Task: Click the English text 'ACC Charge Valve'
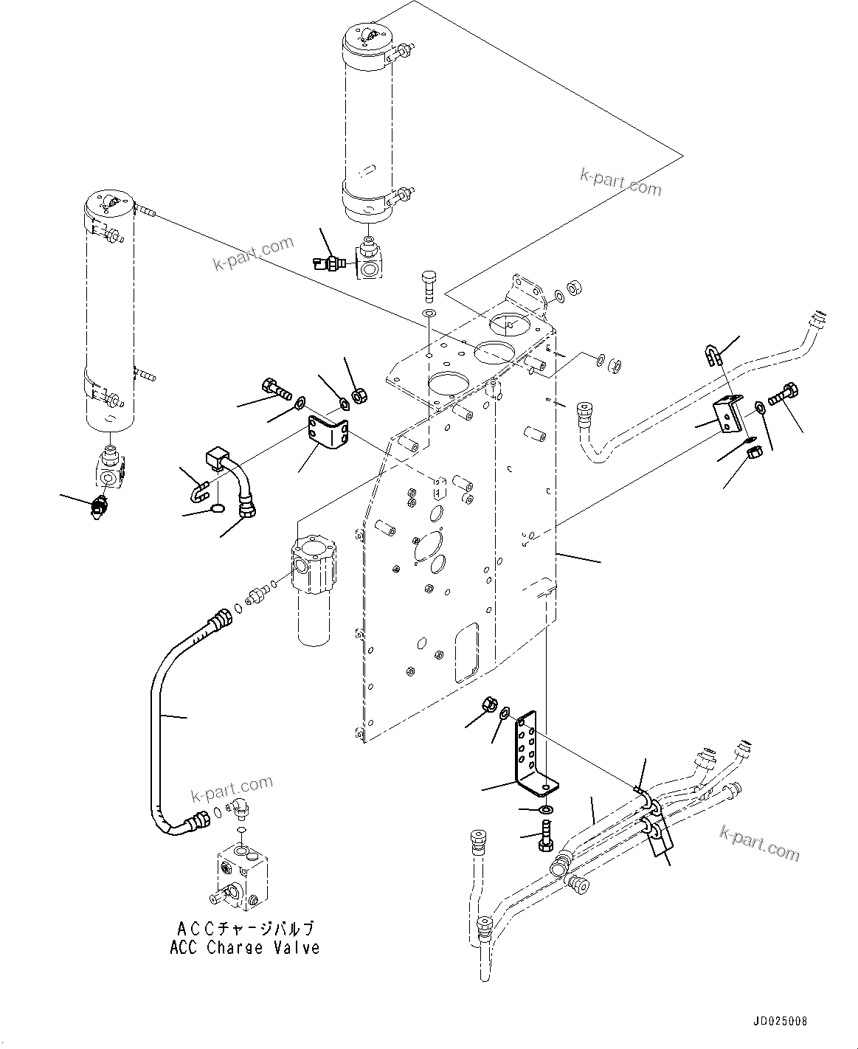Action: [244, 948]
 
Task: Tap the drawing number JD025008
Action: [780, 1022]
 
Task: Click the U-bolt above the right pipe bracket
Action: [711, 357]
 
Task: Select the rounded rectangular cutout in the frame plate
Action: [466, 652]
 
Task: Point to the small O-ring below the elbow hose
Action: [216, 508]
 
